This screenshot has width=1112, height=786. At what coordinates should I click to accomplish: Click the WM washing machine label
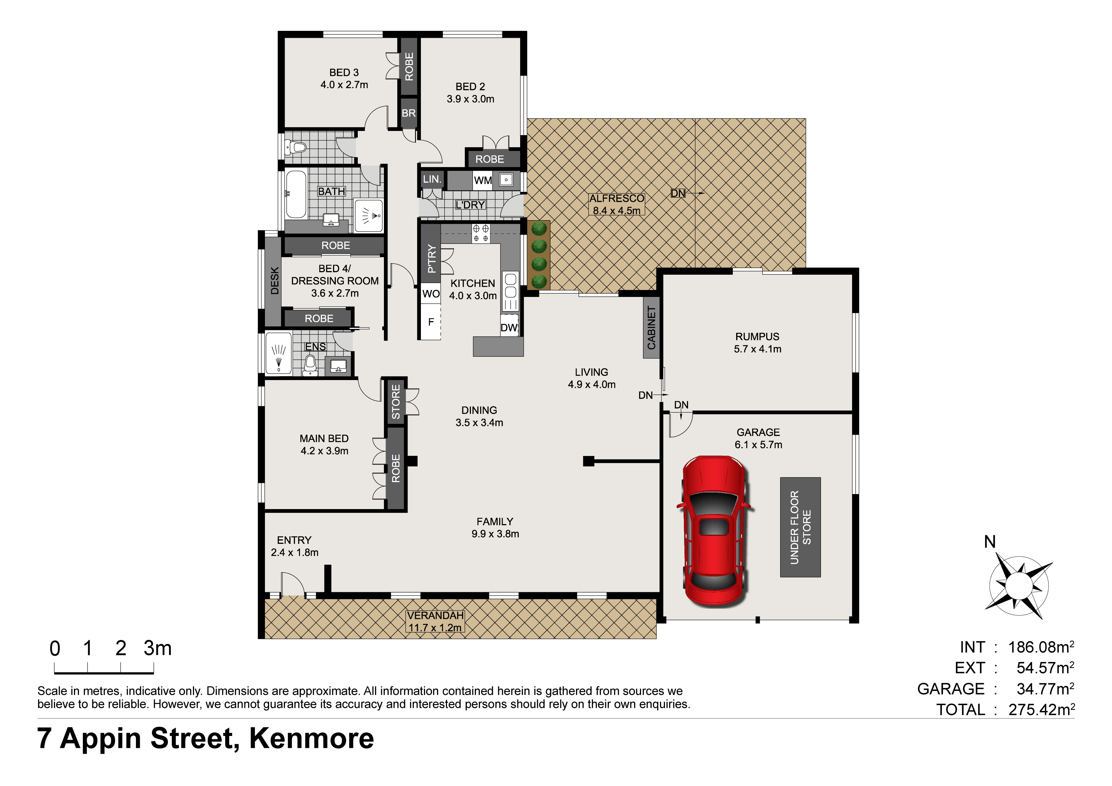(483, 181)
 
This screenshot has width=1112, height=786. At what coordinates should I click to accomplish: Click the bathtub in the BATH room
(296, 194)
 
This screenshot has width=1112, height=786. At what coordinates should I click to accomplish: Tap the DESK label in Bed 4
(275, 281)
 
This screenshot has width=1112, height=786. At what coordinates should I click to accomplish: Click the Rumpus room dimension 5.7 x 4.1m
(758, 349)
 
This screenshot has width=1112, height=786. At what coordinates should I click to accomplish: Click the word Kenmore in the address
(311, 738)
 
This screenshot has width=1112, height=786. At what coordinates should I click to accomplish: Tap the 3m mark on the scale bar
(157, 648)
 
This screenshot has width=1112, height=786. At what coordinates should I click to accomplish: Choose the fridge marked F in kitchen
(431, 322)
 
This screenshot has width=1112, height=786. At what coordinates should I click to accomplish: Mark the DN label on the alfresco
(678, 193)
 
